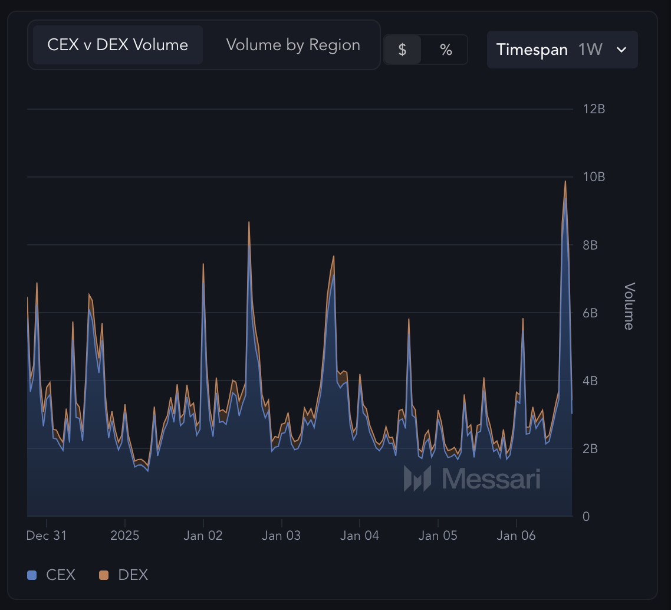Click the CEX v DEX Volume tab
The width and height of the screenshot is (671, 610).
pos(117,45)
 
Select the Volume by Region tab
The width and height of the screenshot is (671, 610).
pos(293,45)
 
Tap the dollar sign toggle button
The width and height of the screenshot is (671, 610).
pos(402,50)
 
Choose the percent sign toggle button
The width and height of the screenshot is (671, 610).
pos(446,50)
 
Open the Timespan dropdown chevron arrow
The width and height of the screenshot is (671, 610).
pos(621,50)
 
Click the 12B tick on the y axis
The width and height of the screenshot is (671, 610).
pos(593,109)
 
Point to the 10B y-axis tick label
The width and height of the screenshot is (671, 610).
pos(594,177)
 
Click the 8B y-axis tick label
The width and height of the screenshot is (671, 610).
pos(590,245)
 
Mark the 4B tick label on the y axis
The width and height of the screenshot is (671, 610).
pos(590,381)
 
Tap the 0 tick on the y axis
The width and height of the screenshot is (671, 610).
pos(586,517)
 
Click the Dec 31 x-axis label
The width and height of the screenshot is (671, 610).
pos(47,536)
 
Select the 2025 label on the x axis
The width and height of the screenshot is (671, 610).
pos(125,536)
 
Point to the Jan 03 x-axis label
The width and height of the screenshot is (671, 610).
pos(281,536)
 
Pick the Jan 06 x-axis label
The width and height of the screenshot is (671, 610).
pos(516,536)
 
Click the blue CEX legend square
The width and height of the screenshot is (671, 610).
pos(32,575)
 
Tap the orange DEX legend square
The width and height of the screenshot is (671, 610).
pos(104,575)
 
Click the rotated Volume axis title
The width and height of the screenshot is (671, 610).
pos(629,306)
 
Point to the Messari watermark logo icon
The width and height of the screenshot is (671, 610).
pos(417,478)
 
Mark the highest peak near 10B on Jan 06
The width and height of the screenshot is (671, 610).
pos(565,182)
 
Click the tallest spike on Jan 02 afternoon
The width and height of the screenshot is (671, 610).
pos(249,222)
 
